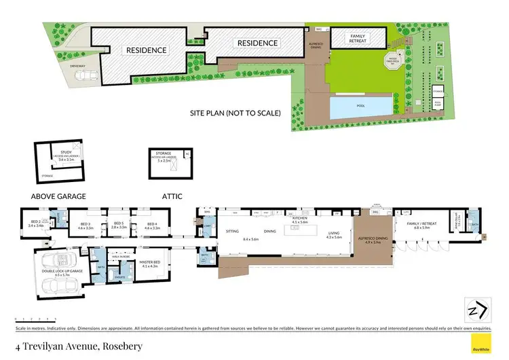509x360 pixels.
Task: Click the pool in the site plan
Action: point(360,107)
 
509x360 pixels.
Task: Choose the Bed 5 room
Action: point(118,225)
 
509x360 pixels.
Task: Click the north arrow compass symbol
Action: point(475,309)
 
